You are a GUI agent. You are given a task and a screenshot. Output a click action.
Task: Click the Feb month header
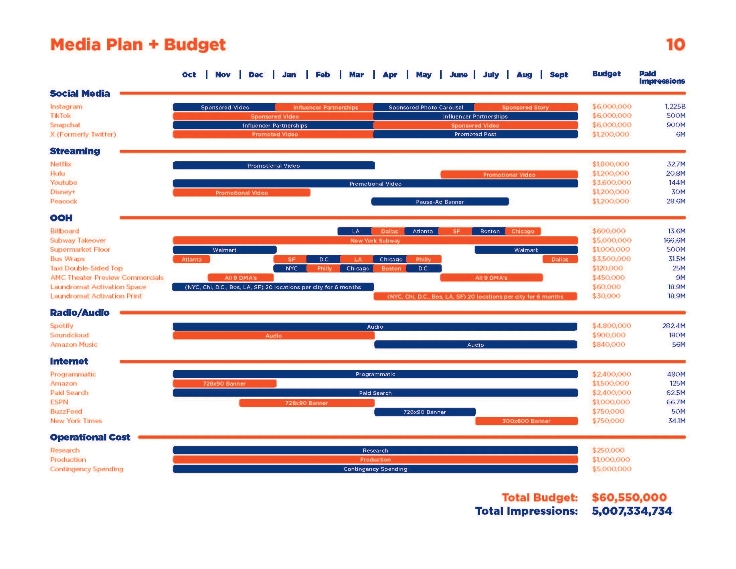[323, 75]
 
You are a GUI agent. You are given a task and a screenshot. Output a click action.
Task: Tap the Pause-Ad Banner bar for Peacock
[440, 201]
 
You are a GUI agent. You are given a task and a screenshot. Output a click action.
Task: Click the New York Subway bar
[375, 240]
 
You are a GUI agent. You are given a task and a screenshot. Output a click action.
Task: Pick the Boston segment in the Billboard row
[489, 231]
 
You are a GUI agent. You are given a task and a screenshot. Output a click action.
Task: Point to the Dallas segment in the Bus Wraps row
[560, 259]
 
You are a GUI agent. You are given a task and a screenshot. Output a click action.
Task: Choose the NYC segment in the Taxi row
[291, 268]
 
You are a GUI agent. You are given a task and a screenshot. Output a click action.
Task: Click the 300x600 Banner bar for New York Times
[526, 421]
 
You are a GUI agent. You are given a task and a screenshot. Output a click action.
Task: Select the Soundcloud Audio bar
[273, 335]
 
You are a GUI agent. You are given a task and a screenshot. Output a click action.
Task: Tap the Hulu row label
[58, 173]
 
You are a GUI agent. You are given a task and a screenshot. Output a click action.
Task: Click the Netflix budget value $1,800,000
[610, 164]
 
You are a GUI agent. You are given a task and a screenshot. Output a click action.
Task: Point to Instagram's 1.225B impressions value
[675, 106]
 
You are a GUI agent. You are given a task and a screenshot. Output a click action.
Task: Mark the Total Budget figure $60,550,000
[629, 497]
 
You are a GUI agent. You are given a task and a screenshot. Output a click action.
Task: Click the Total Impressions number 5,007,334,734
[632, 511]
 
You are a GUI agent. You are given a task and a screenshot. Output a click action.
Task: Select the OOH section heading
[61, 218]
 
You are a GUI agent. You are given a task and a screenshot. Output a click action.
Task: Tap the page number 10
[675, 45]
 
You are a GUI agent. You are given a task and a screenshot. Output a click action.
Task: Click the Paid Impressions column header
[661, 77]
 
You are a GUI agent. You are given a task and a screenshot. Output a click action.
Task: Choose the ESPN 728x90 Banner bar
[306, 403]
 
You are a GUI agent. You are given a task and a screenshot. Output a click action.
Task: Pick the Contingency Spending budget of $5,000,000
[612, 469]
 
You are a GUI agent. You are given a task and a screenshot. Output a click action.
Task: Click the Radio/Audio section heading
[80, 313]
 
